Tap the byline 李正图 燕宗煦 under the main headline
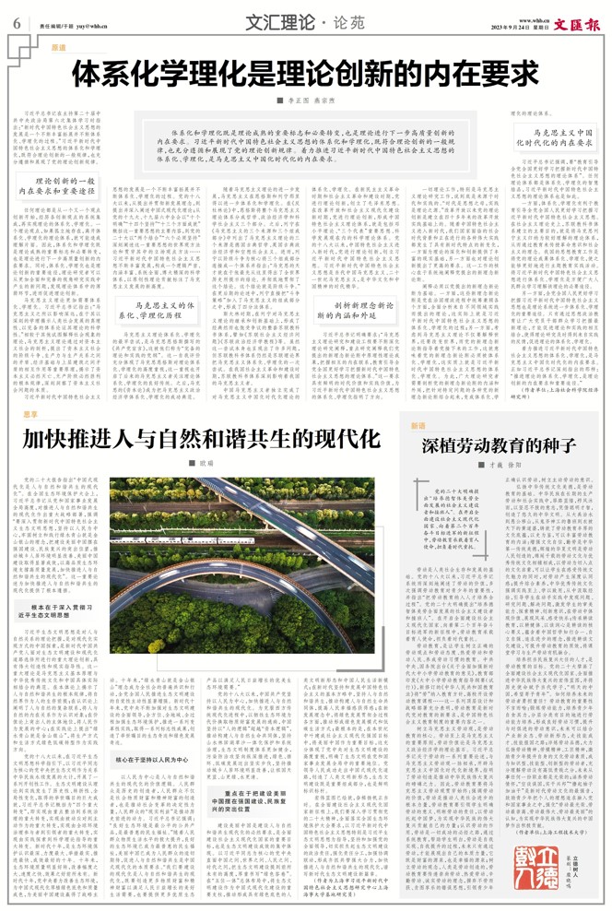[x=305, y=100]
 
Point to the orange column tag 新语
[x=419, y=426]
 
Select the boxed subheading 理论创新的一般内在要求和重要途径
[x=61, y=184]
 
